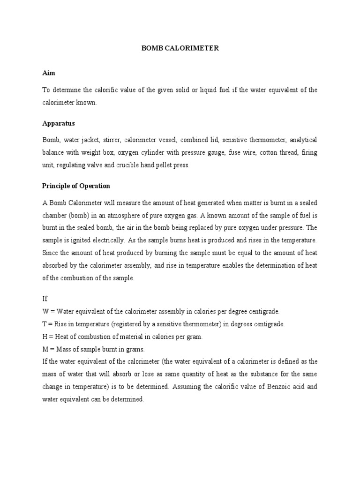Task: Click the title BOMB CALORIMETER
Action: pos(180,48)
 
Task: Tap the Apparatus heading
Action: pos(59,124)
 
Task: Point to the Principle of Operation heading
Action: pos(76,186)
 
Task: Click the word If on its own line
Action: pos(45,299)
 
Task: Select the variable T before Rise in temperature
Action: pos(45,324)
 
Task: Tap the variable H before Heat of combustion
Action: pos(45,337)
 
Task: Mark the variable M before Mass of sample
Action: pos(45,350)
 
